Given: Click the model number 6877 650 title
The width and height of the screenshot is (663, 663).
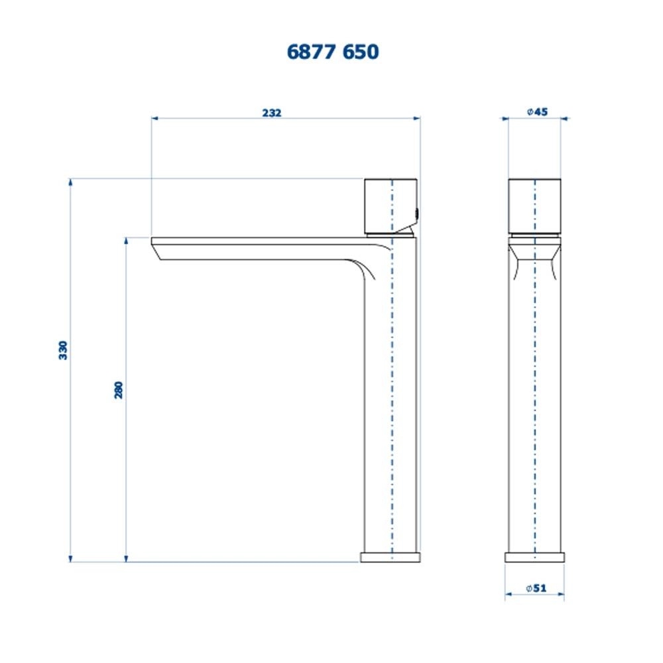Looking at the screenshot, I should click(333, 52).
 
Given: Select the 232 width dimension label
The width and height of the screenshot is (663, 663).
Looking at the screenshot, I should click(272, 113).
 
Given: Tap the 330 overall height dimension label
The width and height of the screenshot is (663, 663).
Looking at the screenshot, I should click(64, 350).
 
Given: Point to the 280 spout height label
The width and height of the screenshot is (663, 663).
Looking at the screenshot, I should click(119, 390).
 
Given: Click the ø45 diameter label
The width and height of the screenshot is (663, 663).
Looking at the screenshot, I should click(537, 112).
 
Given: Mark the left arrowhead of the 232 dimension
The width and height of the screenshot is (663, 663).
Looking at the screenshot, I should click(154, 119).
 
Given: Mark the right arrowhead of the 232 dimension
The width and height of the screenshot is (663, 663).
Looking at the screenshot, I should click(418, 119).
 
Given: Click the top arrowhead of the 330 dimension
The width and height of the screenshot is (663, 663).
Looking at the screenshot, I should click(70, 182).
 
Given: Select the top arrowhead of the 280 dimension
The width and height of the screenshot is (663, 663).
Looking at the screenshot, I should click(126, 241).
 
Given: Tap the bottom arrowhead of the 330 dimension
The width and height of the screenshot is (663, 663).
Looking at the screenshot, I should click(70, 559).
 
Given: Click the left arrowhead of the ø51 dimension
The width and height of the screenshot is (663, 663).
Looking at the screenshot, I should click(508, 595).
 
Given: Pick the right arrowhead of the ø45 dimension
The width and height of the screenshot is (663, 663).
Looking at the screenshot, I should click(565, 119).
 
